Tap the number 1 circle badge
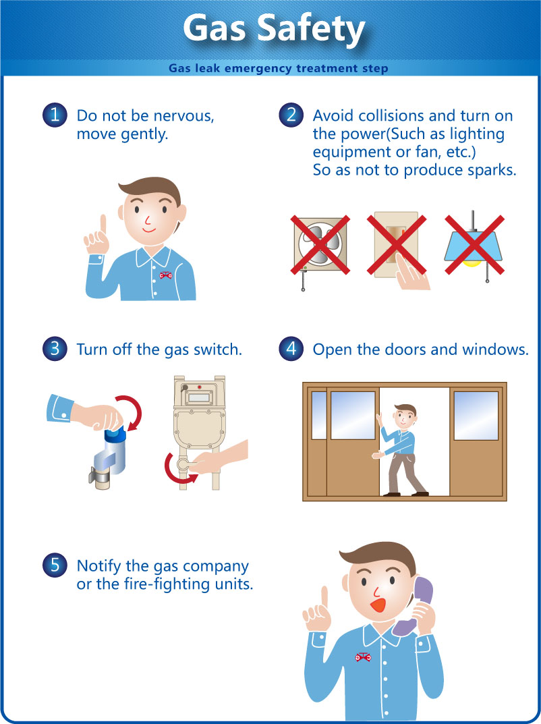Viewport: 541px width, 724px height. point(55,115)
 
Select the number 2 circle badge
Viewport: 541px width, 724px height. point(291,115)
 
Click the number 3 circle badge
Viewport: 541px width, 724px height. point(55,349)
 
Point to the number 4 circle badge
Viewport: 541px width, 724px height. point(291,349)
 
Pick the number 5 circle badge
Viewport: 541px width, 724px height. point(55,565)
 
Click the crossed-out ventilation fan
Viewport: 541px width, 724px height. point(320,245)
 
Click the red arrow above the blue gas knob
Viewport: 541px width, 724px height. point(131,411)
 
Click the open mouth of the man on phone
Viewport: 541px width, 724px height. point(378,605)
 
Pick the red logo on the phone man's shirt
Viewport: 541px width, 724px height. point(363,657)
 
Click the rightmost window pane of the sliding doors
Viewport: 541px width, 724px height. point(476,416)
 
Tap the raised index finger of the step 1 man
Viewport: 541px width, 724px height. point(103,227)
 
